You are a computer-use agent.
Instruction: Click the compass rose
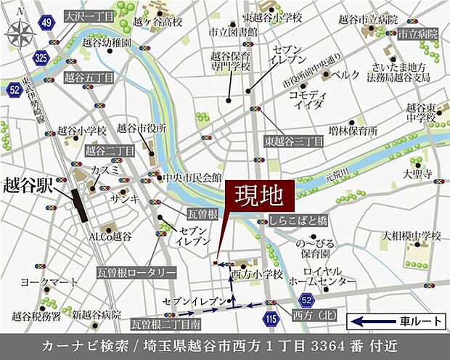21,30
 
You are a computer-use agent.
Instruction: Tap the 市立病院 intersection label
417,34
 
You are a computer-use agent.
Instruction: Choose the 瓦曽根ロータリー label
136,272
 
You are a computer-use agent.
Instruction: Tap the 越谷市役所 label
142,128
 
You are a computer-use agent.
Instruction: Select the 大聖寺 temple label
418,174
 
